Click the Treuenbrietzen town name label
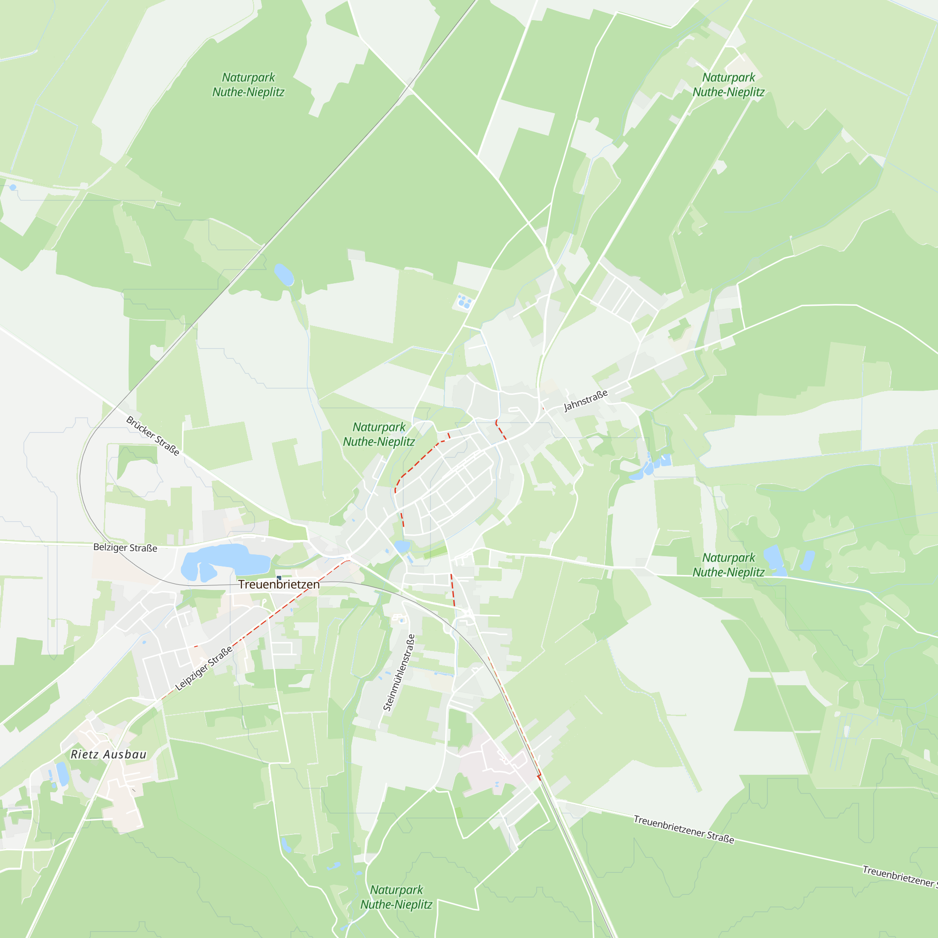tap(279, 584)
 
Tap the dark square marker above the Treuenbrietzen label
tap(279, 578)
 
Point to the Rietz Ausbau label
tap(108, 755)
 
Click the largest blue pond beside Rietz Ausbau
tap(62, 774)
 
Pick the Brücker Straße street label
tap(152, 436)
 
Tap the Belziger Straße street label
tap(125, 548)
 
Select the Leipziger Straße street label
tap(204, 668)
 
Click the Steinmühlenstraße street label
tap(399, 673)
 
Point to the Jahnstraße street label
tap(585, 401)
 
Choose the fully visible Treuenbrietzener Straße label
tap(684, 829)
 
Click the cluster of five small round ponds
tap(464, 302)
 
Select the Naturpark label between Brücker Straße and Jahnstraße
tap(378, 435)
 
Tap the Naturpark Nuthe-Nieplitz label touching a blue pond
tap(728, 565)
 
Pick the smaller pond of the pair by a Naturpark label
tap(807, 560)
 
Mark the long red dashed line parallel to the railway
tap(514, 719)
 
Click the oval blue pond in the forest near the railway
tap(284, 275)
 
